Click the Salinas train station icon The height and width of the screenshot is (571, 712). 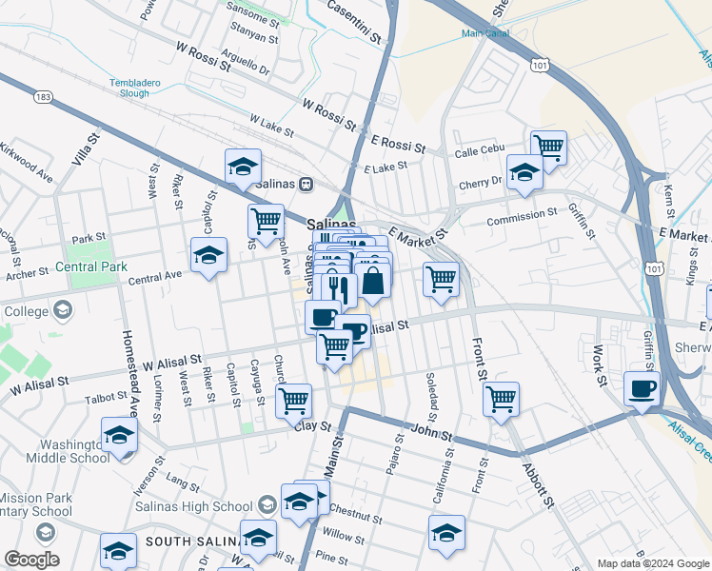click(x=306, y=184)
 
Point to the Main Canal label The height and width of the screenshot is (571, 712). click(x=485, y=32)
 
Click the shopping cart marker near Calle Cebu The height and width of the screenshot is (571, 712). click(x=549, y=148)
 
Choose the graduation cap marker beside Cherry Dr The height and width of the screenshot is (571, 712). click(x=524, y=172)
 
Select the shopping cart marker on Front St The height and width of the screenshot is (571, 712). click(x=501, y=398)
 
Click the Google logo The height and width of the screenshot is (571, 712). click(x=31, y=560)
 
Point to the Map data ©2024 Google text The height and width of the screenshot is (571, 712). click(x=652, y=563)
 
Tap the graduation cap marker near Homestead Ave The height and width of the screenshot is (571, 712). click(x=119, y=435)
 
